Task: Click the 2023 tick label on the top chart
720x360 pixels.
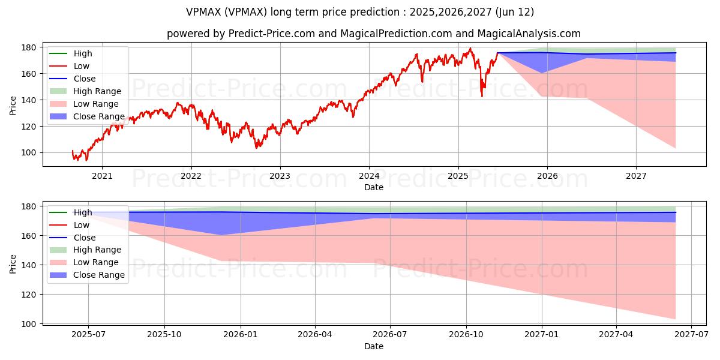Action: [x=280, y=176]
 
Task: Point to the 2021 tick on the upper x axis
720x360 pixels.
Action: [x=102, y=176]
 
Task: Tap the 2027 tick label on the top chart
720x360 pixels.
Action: [x=636, y=176]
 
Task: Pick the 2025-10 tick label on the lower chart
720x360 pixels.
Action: [x=164, y=335]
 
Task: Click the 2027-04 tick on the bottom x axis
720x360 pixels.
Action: [x=616, y=335]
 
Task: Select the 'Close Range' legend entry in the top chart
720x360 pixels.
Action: [x=99, y=116]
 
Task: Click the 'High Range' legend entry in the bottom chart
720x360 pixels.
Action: [x=97, y=250]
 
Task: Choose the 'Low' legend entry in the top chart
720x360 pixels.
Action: [x=81, y=66]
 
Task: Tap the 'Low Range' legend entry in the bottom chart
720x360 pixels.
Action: [x=96, y=262]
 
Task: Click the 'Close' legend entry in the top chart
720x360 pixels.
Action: [x=84, y=79]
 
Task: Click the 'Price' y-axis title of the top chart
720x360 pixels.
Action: [x=13, y=106]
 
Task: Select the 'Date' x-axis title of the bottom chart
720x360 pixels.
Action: [x=373, y=346]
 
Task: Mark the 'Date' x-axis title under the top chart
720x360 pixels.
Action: [x=373, y=187]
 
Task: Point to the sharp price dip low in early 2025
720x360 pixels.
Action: [x=482, y=95]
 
